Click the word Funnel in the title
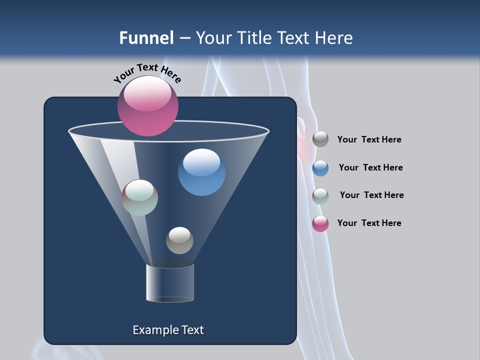(146, 38)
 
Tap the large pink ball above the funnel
(148, 106)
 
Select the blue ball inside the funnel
(201, 172)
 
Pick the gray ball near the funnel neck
(179, 240)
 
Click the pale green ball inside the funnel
(140, 197)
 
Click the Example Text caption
(168, 330)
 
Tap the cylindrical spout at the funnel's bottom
(170, 283)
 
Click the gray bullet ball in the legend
(320, 139)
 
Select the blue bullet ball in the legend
(320, 168)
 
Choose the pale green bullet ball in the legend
(320, 196)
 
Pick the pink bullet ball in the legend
(320, 223)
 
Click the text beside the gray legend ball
(369, 139)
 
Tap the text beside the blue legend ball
(370, 167)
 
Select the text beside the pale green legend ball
(371, 195)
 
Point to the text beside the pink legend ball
(369, 223)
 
